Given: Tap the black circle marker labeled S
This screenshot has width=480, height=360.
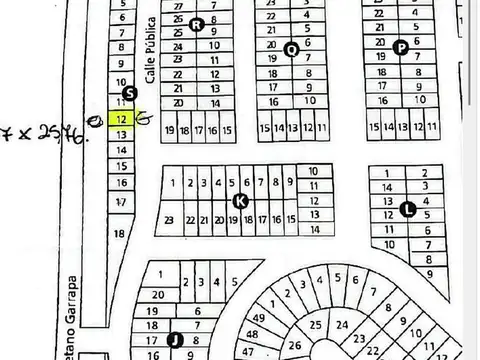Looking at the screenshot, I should [128, 95].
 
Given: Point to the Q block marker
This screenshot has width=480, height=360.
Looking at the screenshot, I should [292, 49].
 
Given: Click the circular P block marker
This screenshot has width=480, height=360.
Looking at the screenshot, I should [401, 46].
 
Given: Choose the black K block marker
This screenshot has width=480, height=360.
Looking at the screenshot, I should [240, 201].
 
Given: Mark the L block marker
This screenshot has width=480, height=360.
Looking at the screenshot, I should [407, 208].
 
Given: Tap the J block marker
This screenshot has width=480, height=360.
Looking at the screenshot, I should [173, 338].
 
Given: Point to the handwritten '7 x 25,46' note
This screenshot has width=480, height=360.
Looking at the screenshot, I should [45, 131].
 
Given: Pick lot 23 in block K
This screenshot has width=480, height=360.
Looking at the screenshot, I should [171, 219].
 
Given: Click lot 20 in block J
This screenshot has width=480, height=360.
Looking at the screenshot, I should [158, 295].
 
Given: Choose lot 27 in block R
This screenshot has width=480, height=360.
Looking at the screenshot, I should [178, 18].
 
